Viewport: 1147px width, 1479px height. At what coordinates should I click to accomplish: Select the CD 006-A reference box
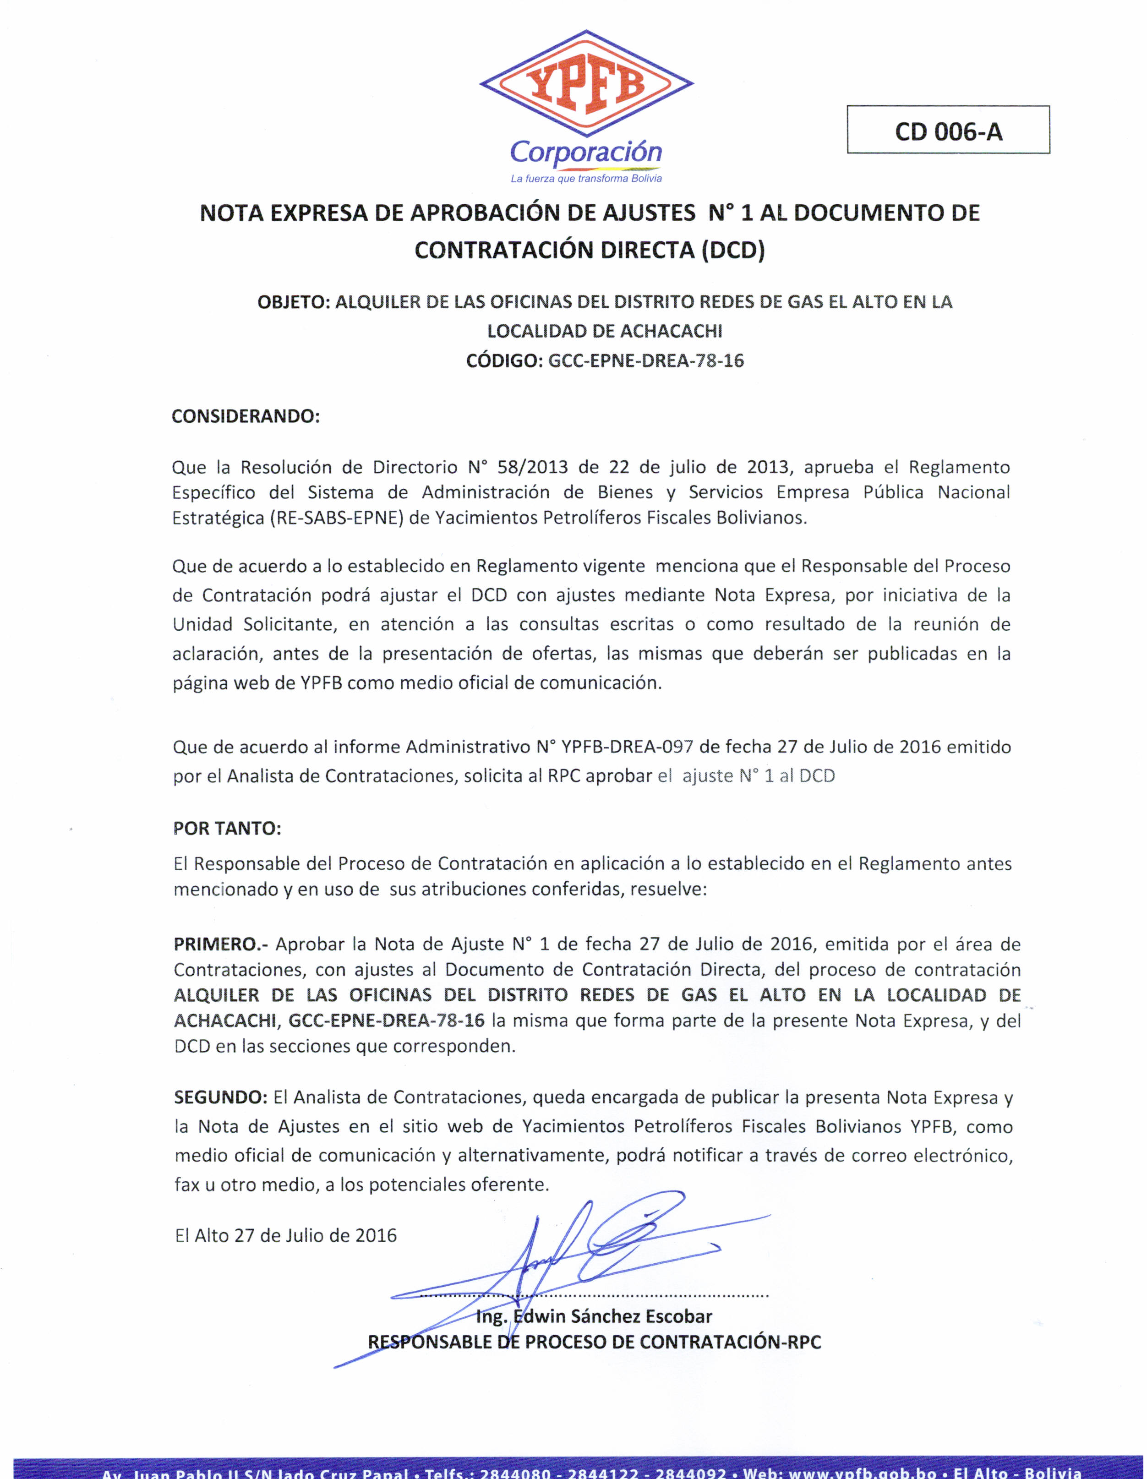click(948, 131)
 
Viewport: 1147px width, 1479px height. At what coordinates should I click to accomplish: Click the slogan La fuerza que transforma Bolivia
click(586, 179)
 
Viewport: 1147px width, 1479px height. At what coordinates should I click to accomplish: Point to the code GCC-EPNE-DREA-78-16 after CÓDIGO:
click(645, 360)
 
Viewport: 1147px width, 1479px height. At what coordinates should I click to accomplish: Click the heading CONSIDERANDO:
click(245, 416)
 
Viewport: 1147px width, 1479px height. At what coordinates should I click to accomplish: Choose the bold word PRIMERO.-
click(221, 944)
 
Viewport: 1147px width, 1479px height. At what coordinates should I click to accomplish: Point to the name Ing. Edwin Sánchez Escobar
click(594, 1316)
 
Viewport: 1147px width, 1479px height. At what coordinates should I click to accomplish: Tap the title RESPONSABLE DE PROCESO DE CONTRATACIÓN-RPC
click(594, 1342)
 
